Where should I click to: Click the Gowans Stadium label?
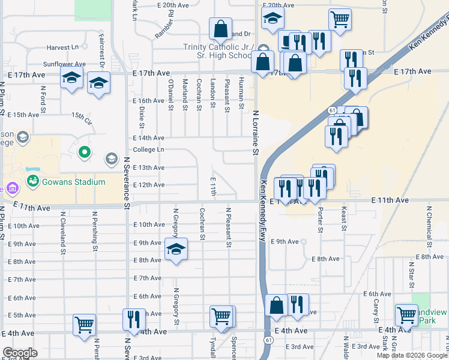point(73,182)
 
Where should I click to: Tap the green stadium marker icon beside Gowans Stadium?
point(32,181)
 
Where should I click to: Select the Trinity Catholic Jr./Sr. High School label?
point(217,52)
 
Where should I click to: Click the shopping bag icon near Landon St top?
point(220,29)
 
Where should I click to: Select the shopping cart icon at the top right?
point(340,19)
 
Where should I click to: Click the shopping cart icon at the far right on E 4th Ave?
point(406,314)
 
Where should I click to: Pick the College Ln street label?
point(148,149)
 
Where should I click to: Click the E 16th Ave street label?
point(148,101)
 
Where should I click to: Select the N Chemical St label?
point(429,227)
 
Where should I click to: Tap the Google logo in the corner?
point(20,353)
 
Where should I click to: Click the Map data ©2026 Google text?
point(411,355)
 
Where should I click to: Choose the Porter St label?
point(320,220)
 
